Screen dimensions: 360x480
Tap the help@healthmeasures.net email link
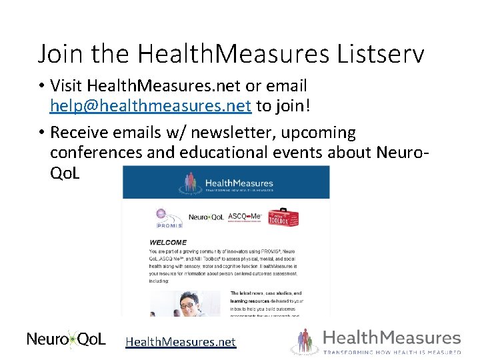pos(150,105)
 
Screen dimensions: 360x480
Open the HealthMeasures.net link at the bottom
pos(181,341)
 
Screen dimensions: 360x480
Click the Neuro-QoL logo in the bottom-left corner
pos(66,339)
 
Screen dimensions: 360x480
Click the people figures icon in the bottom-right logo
pos(305,340)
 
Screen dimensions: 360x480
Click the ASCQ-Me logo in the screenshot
pos(245,216)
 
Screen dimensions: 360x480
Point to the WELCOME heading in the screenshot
pos(168,242)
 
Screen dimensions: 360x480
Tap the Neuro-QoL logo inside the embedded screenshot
pos(206,217)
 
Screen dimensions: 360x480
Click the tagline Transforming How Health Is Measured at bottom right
pos(392,351)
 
